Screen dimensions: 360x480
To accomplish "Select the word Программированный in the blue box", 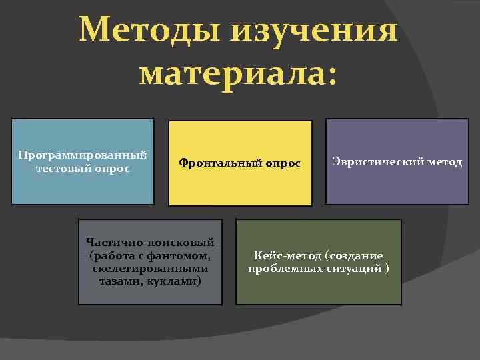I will (83, 155).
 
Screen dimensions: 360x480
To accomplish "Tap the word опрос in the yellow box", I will (281, 163).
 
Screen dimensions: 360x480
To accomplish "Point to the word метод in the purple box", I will (444, 162).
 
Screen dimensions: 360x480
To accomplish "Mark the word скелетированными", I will (151, 268).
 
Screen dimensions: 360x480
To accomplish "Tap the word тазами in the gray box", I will (121, 281).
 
